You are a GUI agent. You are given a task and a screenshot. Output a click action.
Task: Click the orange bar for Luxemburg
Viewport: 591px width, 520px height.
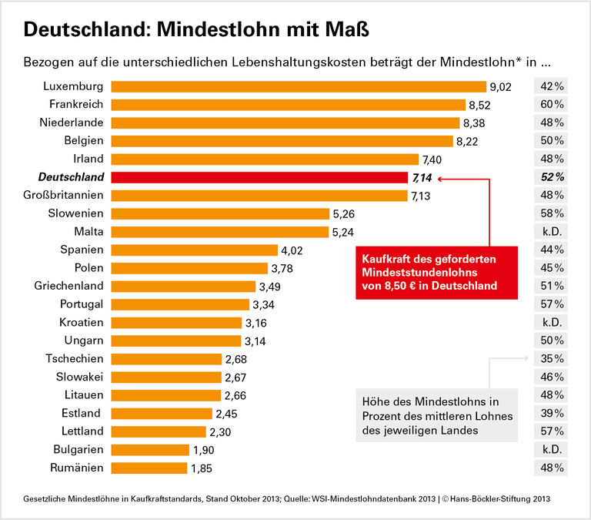point(299,86)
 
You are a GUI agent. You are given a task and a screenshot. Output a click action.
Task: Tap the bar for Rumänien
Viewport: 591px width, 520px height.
point(149,468)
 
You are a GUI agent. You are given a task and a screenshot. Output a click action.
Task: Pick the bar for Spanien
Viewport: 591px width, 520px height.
point(194,250)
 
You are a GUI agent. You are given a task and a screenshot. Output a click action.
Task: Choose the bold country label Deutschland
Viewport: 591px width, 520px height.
point(65,177)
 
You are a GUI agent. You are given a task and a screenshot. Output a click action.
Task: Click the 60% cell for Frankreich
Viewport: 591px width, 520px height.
point(552,105)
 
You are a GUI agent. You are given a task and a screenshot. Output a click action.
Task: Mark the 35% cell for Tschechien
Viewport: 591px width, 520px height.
point(552,359)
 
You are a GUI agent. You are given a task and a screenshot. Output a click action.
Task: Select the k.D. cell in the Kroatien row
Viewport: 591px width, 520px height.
point(552,322)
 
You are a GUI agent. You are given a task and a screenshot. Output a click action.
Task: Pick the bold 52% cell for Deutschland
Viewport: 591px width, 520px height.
point(552,177)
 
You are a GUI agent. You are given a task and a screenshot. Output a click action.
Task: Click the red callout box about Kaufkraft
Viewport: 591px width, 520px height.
point(436,271)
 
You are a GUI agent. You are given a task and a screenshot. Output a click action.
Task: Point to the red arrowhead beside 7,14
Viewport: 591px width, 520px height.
point(440,178)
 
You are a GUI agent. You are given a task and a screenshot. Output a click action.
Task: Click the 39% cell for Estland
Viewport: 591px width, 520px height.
point(552,413)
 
